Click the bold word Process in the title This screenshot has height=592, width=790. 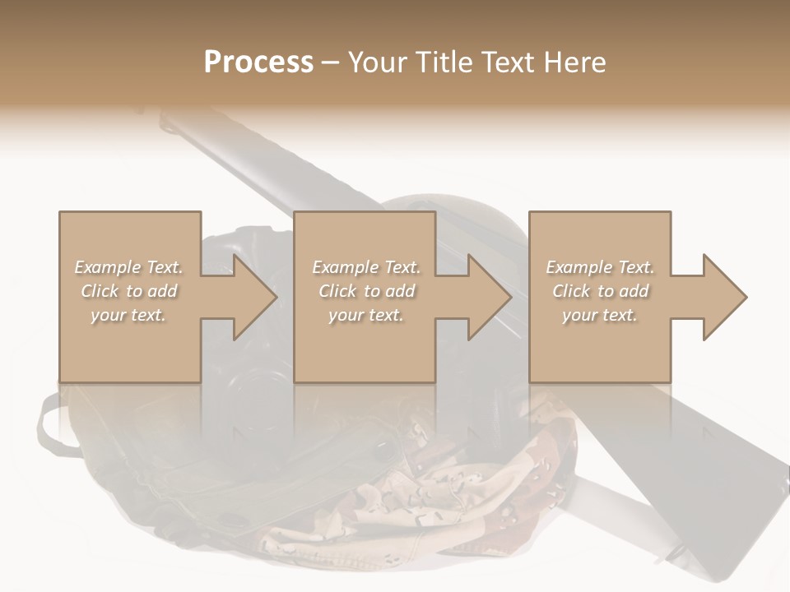click(x=258, y=62)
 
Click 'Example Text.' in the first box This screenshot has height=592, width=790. click(x=129, y=267)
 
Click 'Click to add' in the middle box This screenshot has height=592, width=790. click(x=366, y=291)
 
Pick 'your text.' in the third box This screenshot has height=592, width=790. click(x=600, y=315)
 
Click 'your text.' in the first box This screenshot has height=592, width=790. click(x=128, y=315)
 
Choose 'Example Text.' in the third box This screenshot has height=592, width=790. click(x=600, y=267)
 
